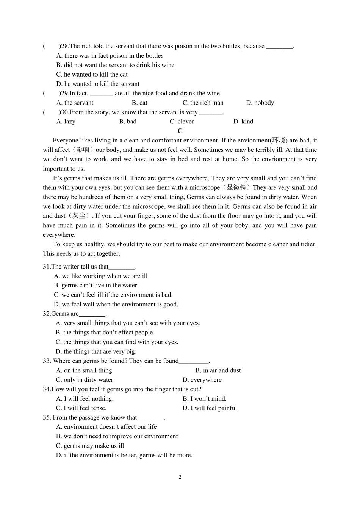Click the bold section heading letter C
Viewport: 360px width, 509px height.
pos(180,131)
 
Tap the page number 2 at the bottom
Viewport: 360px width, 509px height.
pos(180,477)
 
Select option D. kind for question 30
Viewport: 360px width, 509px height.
pos(243,122)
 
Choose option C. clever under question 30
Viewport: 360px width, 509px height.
pos(182,122)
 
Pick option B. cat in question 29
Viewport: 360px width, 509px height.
pos(139,103)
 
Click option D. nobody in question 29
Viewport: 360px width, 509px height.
pos(260,103)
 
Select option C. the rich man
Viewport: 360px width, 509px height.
pos(203,103)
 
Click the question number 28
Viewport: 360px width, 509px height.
pos(65,46)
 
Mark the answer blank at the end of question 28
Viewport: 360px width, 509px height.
pos(280,47)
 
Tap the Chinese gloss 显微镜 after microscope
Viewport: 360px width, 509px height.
pos(236,187)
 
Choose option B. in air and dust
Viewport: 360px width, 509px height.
pos(218,370)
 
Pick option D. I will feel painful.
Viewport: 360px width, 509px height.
pos(211,408)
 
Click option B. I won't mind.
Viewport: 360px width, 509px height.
pos(205,399)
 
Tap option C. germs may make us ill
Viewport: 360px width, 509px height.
pos(90,446)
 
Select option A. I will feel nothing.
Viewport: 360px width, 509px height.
pos(85,399)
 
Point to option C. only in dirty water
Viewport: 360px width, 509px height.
pos(85,380)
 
